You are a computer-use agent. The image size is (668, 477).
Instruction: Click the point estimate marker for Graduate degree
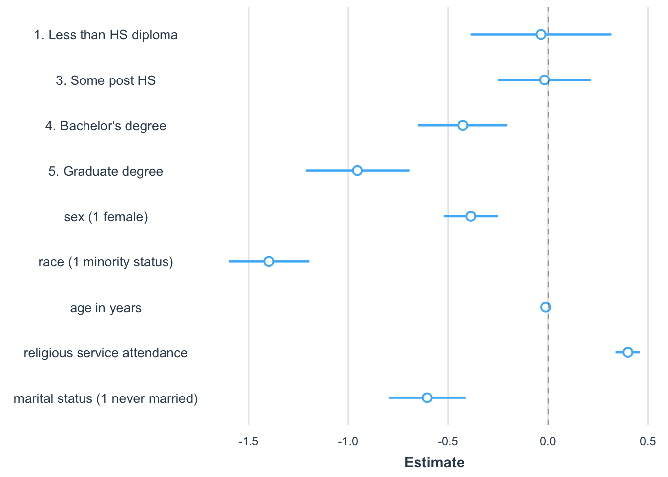[357, 171]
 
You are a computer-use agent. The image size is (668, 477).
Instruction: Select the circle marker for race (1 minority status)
[269, 262]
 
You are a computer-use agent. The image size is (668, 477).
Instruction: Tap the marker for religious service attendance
[628, 352]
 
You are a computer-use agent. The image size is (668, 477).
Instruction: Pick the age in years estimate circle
[546, 307]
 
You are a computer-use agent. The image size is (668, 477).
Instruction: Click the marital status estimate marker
[427, 397]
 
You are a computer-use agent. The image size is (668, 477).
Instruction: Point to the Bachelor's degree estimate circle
[463, 125]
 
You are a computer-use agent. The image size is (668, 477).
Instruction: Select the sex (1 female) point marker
[471, 216]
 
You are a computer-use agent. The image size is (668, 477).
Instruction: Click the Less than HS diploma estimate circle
[541, 34]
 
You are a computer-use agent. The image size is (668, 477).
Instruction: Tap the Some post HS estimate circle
[544, 80]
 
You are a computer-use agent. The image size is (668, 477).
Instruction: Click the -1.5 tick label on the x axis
[248, 441]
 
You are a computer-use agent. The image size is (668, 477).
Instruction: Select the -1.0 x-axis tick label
[348, 441]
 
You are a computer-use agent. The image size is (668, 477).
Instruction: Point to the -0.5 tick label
[448, 441]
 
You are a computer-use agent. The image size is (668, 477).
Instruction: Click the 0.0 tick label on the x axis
[548, 441]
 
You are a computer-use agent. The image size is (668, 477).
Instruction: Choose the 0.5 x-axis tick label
[648, 441]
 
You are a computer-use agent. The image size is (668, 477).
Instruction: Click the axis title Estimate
[434, 463]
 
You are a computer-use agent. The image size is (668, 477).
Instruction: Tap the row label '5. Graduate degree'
[105, 171]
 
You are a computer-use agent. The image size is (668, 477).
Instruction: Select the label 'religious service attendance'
[105, 353]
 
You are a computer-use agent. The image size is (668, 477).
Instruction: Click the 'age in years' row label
[105, 308]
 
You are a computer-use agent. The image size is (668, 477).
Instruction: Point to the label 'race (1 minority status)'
[105, 262]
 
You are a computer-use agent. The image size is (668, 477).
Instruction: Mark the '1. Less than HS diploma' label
[105, 35]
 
